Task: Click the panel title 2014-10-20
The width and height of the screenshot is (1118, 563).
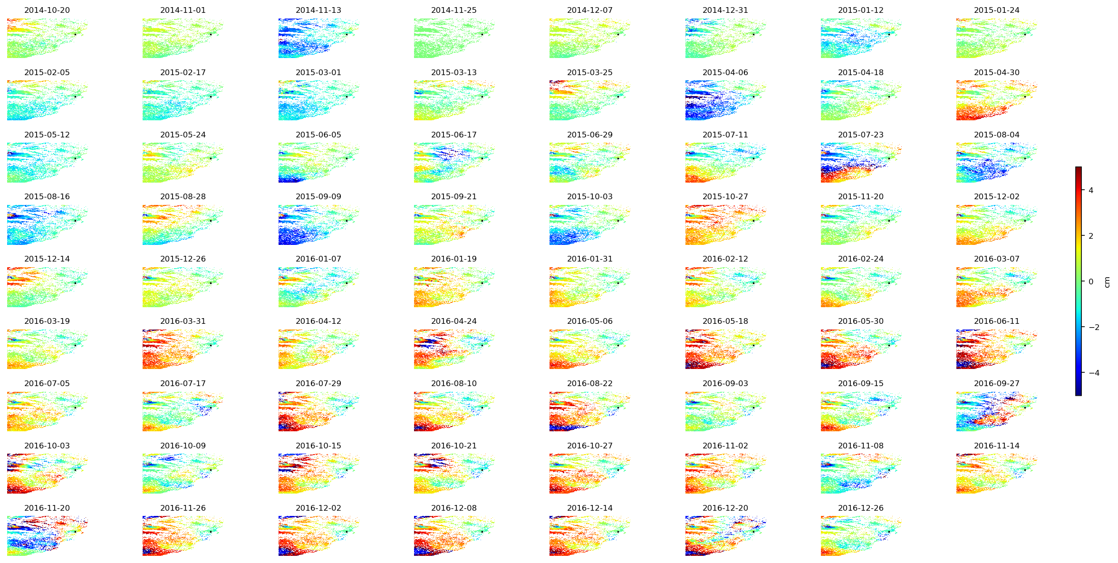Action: [47, 10]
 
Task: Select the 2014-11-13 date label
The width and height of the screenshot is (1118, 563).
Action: [318, 10]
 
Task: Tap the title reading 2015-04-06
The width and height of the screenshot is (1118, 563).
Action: [725, 72]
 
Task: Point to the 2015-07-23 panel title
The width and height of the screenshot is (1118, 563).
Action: [860, 135]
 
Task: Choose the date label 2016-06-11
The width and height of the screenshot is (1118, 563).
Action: [996, 321]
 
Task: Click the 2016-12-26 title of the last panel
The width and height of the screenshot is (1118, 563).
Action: [860, 508]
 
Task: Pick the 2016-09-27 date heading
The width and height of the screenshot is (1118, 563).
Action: [996, 383]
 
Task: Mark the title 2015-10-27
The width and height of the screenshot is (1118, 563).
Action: [725, 196]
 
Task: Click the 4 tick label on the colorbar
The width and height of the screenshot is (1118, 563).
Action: [1090, 190]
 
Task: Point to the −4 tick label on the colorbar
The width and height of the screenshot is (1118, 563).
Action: [1094, 373]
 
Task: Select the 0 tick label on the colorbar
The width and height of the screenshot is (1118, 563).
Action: [1090, 281]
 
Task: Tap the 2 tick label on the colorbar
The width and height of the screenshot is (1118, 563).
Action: [1090, 236]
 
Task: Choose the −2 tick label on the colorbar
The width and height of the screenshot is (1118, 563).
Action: [1094, 327]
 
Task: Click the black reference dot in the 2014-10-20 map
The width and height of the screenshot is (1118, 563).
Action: [75, 34]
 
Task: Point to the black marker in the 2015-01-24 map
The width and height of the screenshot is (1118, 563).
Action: [1024, 34]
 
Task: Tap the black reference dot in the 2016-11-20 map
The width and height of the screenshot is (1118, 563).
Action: [75, 532]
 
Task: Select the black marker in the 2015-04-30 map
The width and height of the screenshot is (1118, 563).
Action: [1024, 97]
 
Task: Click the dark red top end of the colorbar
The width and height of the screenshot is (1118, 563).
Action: [1078, 169]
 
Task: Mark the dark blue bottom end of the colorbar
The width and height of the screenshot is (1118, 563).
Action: [1078, 393]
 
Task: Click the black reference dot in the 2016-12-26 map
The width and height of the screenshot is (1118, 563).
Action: [889, 532]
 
